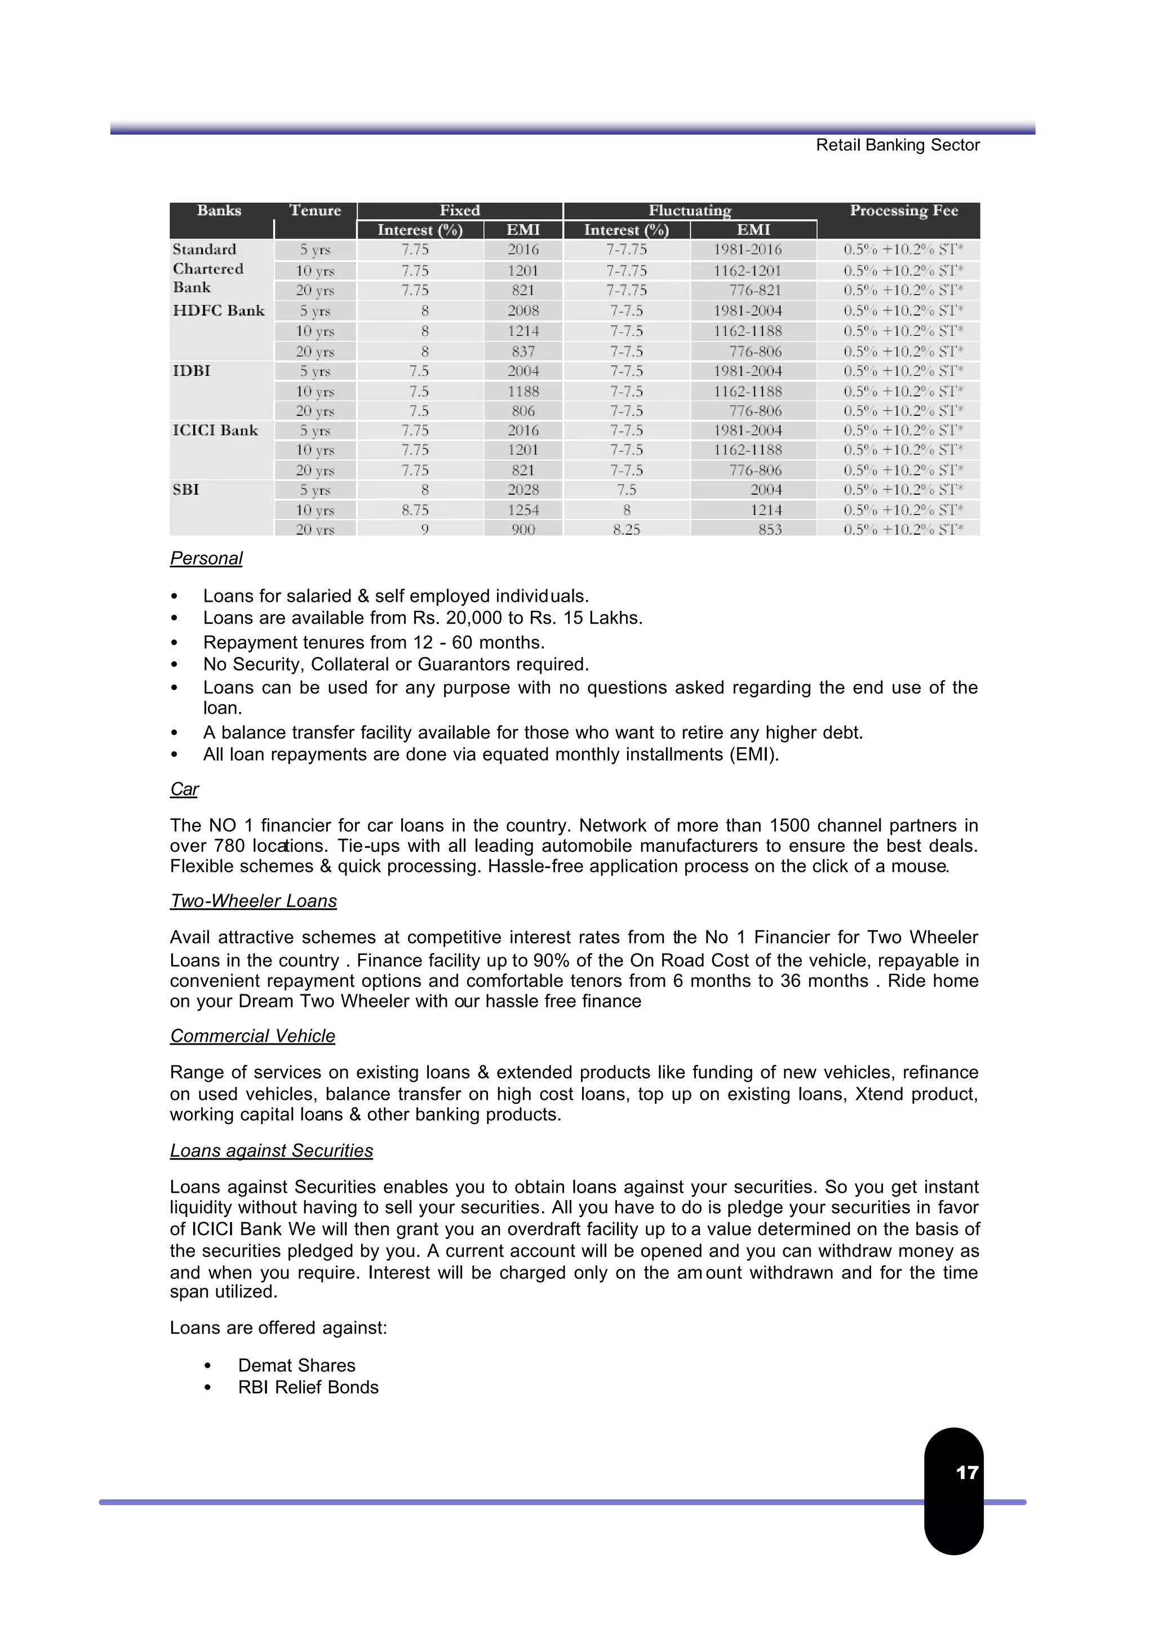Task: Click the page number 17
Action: pos(966,1472)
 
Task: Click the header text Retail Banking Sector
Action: pos(898,145)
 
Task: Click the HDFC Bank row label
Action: pos(219,310)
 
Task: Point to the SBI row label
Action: pos(186,490)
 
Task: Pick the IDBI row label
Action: pos(192,371)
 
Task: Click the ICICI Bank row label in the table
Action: pos(215,430)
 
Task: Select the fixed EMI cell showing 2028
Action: pos(523,490)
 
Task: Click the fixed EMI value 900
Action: pos(523,530)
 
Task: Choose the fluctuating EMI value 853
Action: pos(770,530)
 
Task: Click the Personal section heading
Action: pos(206,558)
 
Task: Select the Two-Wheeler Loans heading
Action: pos(253,901)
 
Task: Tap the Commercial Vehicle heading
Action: pos(252,1036)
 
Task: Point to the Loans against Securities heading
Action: pos(272,1151)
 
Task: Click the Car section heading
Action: pos(184,789)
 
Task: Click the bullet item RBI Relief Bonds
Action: pos(308,1387)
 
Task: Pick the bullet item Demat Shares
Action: pos(296,1365)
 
